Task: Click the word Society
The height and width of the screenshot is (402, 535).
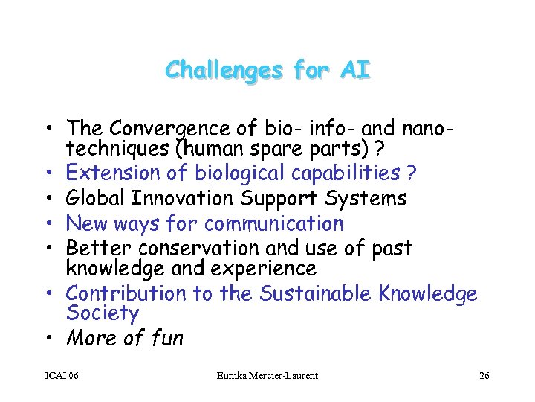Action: click(102, 313)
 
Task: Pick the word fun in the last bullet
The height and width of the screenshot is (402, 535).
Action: click(166, 339)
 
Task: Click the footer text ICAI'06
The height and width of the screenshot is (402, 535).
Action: click(61, 376)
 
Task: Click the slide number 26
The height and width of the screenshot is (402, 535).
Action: click(484, 376)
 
